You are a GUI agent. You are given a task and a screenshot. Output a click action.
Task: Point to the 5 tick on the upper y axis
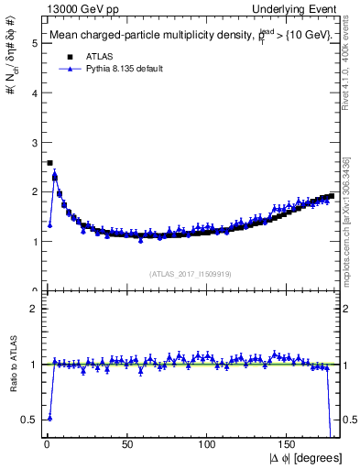(x=34, y=42)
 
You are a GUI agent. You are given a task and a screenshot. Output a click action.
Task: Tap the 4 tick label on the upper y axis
(x=34, y=92)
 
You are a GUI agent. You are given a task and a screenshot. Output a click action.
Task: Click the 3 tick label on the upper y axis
(x=34, y=142)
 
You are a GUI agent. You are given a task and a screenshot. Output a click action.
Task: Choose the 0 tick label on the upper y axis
(x=34, y=291)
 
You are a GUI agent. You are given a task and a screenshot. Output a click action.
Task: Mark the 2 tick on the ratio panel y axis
(x=34, y=309)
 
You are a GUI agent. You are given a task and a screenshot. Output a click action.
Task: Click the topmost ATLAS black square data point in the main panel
(x=49, y=163)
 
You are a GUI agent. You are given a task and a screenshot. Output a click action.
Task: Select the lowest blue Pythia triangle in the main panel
(x=49, y=224)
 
